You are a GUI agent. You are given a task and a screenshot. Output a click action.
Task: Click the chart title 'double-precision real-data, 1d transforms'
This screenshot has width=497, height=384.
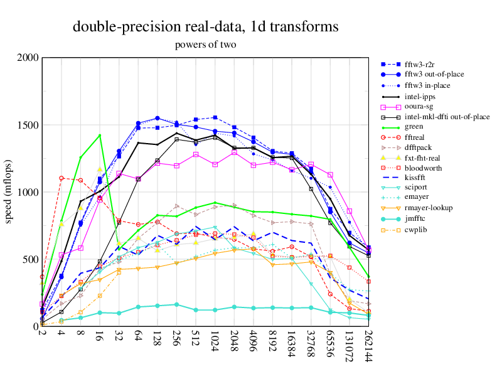coord(206,27)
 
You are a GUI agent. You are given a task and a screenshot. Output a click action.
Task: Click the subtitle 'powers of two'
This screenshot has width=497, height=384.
coord(206,45)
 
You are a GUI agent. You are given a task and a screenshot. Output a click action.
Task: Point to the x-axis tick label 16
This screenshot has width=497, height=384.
coord(100,333)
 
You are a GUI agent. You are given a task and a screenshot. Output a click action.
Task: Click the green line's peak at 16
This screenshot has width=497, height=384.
coord(100,135)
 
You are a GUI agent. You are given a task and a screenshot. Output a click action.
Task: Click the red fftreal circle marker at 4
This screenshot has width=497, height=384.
coord(61,178)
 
